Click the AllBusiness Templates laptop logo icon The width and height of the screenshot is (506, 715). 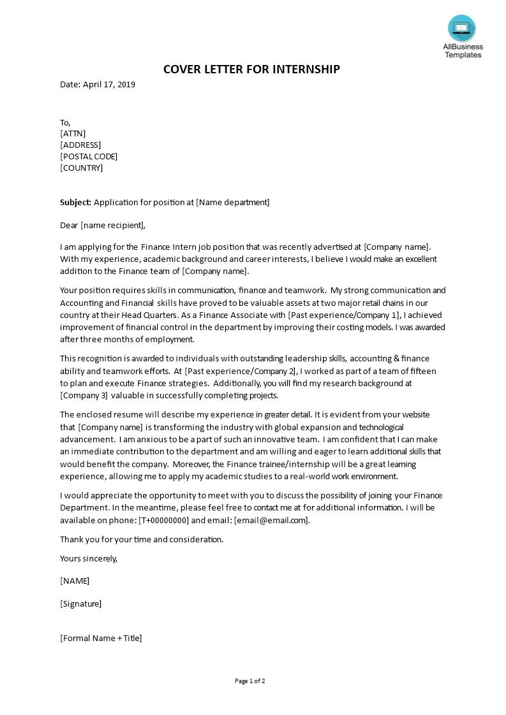coord(463,27)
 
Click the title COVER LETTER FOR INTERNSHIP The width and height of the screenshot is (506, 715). coord(251,69)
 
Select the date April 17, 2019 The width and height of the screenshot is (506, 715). coord(109,84)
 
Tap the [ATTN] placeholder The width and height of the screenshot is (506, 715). coord(73,133)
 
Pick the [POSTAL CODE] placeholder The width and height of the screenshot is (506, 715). coord(89,156)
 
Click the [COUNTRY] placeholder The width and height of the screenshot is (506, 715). coord(81,168)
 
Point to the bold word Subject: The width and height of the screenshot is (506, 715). coord(75,203)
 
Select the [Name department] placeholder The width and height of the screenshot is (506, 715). coord(232,203)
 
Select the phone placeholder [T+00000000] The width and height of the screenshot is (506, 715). coord(163,520)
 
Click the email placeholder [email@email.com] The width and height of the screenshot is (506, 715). coord(271,520)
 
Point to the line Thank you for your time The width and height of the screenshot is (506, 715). coord(142,539)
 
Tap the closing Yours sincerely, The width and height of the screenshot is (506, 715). coord(89,558)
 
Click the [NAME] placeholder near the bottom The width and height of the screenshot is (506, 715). coord(75,581)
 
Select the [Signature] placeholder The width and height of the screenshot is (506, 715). coord(80,603)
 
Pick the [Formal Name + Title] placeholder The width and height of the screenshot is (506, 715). coord(101,638)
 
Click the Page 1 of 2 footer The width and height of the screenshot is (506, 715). coord(250,681)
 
